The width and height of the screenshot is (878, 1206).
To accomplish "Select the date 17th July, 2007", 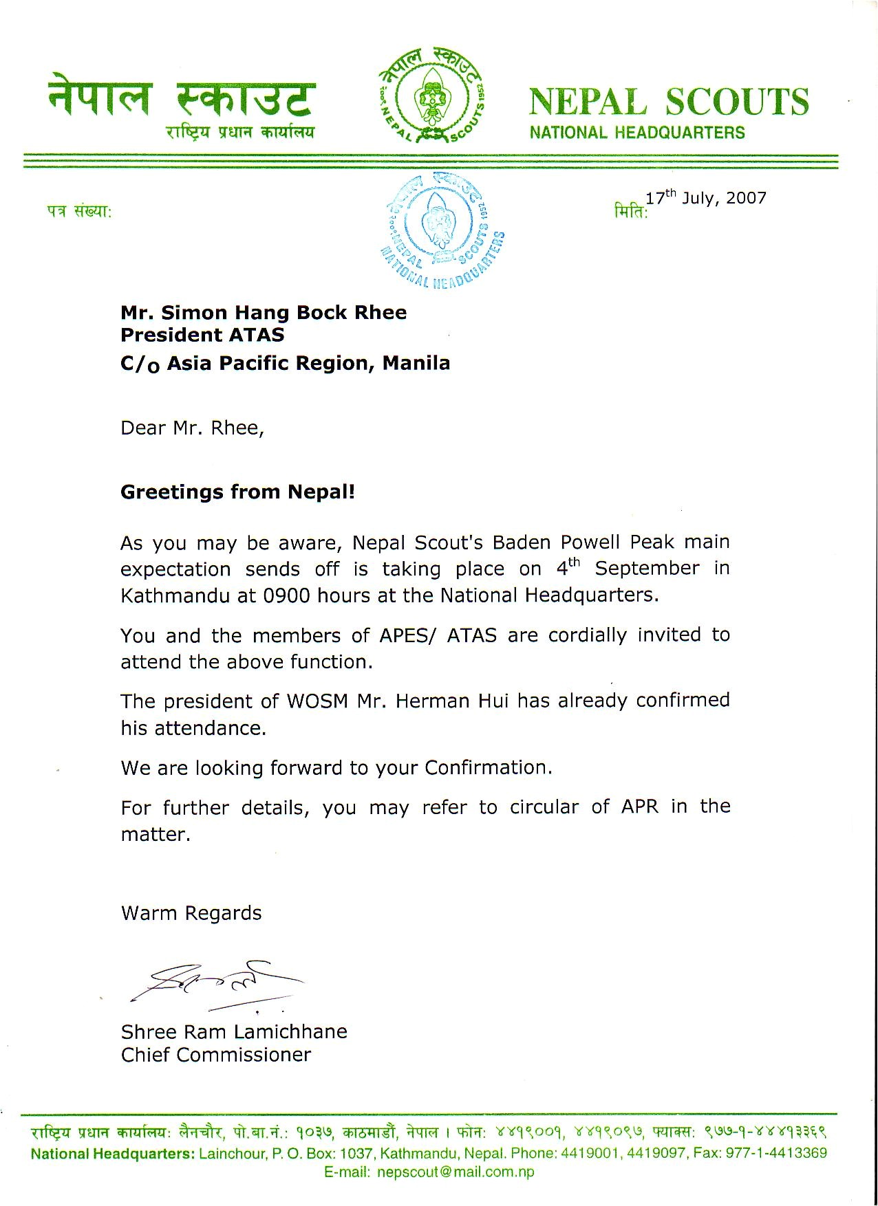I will click(706, 198).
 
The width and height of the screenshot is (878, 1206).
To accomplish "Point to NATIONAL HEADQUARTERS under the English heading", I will click(637, 133).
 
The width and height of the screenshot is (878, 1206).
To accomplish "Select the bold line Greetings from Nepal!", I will click(237, 492).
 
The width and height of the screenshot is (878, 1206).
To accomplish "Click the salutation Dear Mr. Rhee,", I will click(192, 428).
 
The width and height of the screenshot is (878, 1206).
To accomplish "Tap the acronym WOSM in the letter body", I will click(314, 701).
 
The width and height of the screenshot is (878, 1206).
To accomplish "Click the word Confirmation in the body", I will click(488, 767).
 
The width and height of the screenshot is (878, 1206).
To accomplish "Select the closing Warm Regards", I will click(191, 913).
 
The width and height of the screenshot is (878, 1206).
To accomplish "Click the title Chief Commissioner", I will click(216, 1055).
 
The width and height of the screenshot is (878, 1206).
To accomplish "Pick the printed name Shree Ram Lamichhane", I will click(234, 1031).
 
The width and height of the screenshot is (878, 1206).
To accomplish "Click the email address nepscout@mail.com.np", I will click(456, 1172).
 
